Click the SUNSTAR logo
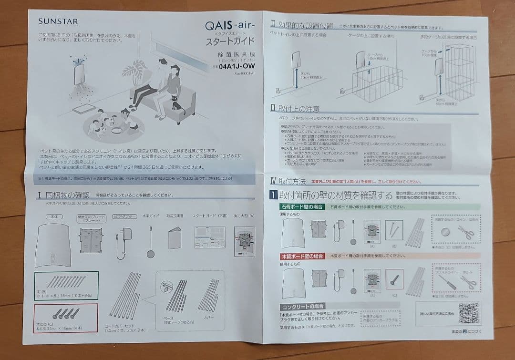pos(58,21)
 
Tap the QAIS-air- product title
pos(230,25)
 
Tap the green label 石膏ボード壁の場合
pos(302,207)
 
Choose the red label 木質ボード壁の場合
pos(302,256)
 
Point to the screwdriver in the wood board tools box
pos(445,281)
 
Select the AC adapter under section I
pos(123,241)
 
